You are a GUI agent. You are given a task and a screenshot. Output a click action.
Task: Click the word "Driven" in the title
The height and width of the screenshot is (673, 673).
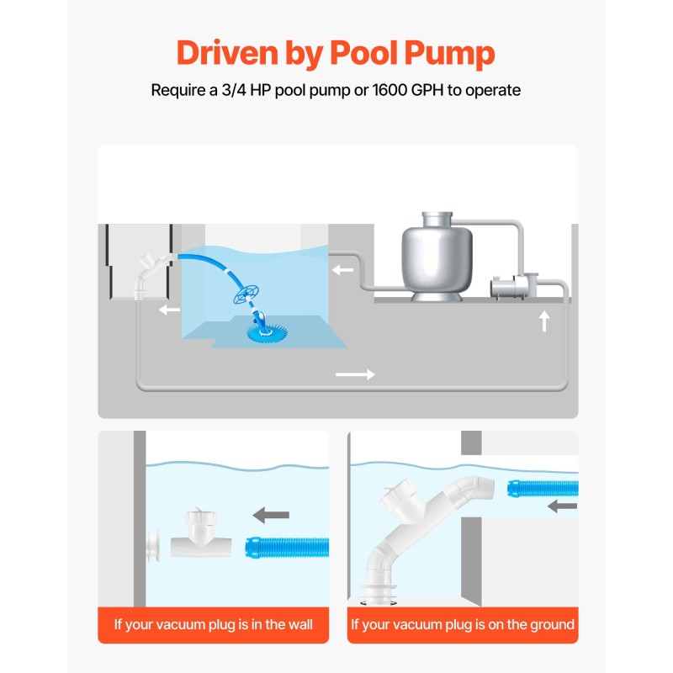pos(227,52)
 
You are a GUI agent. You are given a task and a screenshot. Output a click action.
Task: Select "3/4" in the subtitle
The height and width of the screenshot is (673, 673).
pos(234,90)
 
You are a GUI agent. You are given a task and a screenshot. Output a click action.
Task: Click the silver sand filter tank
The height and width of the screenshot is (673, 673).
pos(437,257)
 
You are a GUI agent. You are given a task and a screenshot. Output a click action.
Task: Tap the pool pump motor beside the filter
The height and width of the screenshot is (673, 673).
pos(513,286)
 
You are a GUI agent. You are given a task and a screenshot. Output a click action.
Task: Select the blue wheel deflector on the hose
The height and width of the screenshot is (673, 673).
pos(246,294)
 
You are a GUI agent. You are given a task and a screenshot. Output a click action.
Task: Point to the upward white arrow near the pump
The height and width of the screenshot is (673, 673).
pos(544,321)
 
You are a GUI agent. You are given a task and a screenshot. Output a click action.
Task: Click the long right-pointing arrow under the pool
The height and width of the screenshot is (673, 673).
pos(355,374)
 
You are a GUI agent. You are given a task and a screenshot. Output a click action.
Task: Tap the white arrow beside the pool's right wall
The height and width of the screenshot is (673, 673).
pos(342,269)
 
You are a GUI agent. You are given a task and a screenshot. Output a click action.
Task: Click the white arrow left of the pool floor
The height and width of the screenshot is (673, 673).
pos(169,309)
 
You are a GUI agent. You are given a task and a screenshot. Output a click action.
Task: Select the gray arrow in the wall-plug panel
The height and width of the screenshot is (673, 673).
pos(271,514)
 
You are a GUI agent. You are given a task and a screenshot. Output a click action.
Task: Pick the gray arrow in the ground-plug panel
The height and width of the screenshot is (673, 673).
pos(562,506)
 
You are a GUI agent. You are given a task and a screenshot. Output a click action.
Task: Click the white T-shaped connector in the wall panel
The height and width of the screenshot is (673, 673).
pos(201,534)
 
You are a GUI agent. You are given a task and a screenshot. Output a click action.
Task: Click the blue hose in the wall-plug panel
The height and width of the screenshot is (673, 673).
pos(287,548)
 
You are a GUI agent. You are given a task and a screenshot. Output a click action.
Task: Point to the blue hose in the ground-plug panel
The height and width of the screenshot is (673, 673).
pos(543,489)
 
